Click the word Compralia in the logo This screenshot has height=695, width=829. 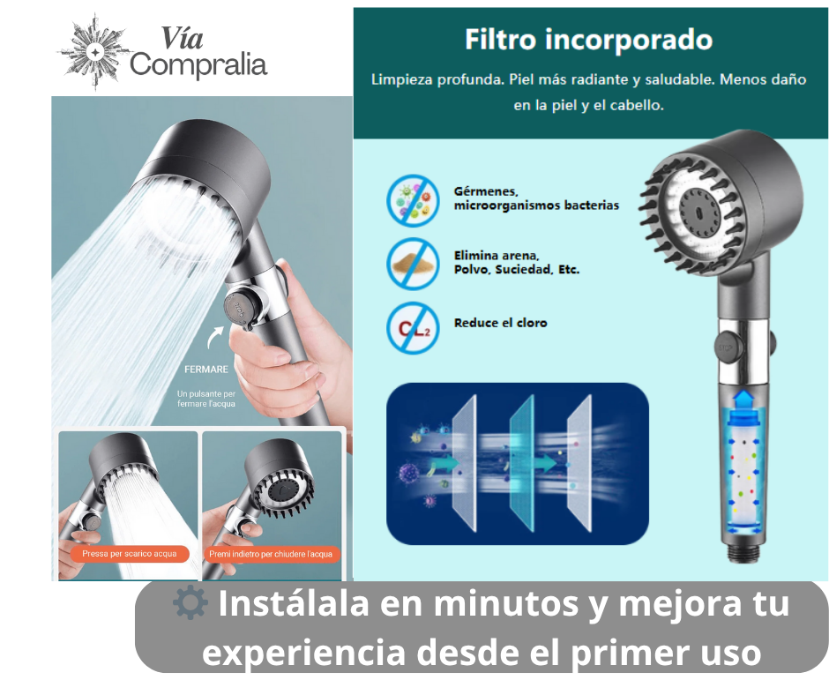(198, 64)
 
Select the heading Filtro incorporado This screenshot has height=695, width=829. (588, 40)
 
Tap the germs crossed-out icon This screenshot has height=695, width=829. (413, 200)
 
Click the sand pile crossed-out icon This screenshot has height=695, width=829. (413, 263)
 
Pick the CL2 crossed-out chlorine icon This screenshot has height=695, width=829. (413, 327)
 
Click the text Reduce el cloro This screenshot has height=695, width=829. (500, 323)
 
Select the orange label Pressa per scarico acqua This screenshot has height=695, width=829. (130, 554)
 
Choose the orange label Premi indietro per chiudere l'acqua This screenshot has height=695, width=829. (270, 554)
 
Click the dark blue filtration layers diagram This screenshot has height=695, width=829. (517, 462)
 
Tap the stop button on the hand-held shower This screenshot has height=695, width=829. (240, 306)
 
